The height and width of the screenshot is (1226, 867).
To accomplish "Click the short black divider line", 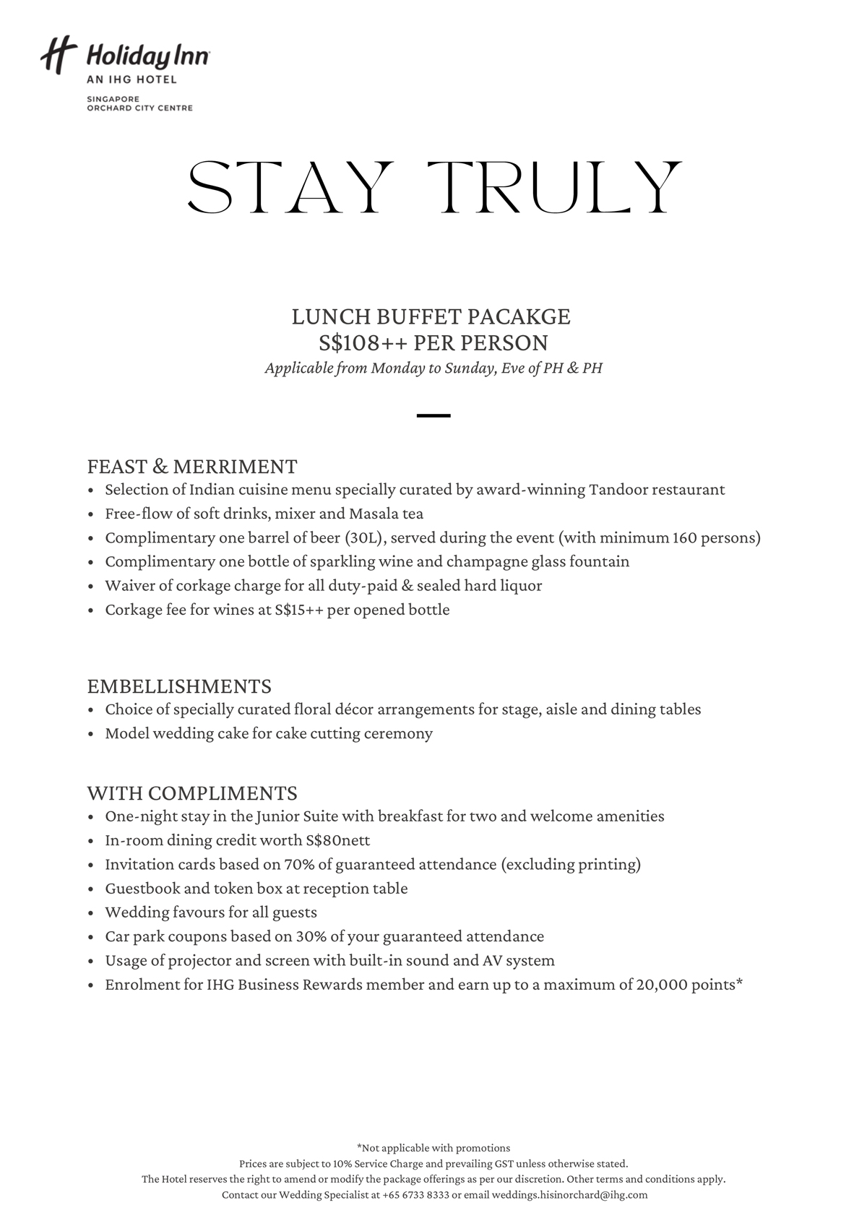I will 433,415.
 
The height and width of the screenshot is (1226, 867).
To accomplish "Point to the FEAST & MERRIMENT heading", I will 192,466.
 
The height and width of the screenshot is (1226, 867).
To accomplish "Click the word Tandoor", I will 618,490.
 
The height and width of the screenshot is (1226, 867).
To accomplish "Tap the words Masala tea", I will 386,514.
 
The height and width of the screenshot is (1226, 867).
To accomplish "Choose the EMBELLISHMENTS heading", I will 179,686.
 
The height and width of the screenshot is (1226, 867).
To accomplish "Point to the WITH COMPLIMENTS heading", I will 192,793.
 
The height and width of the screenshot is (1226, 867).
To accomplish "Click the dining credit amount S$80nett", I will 337,840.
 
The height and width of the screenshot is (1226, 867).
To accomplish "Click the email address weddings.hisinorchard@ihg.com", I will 569,1195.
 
